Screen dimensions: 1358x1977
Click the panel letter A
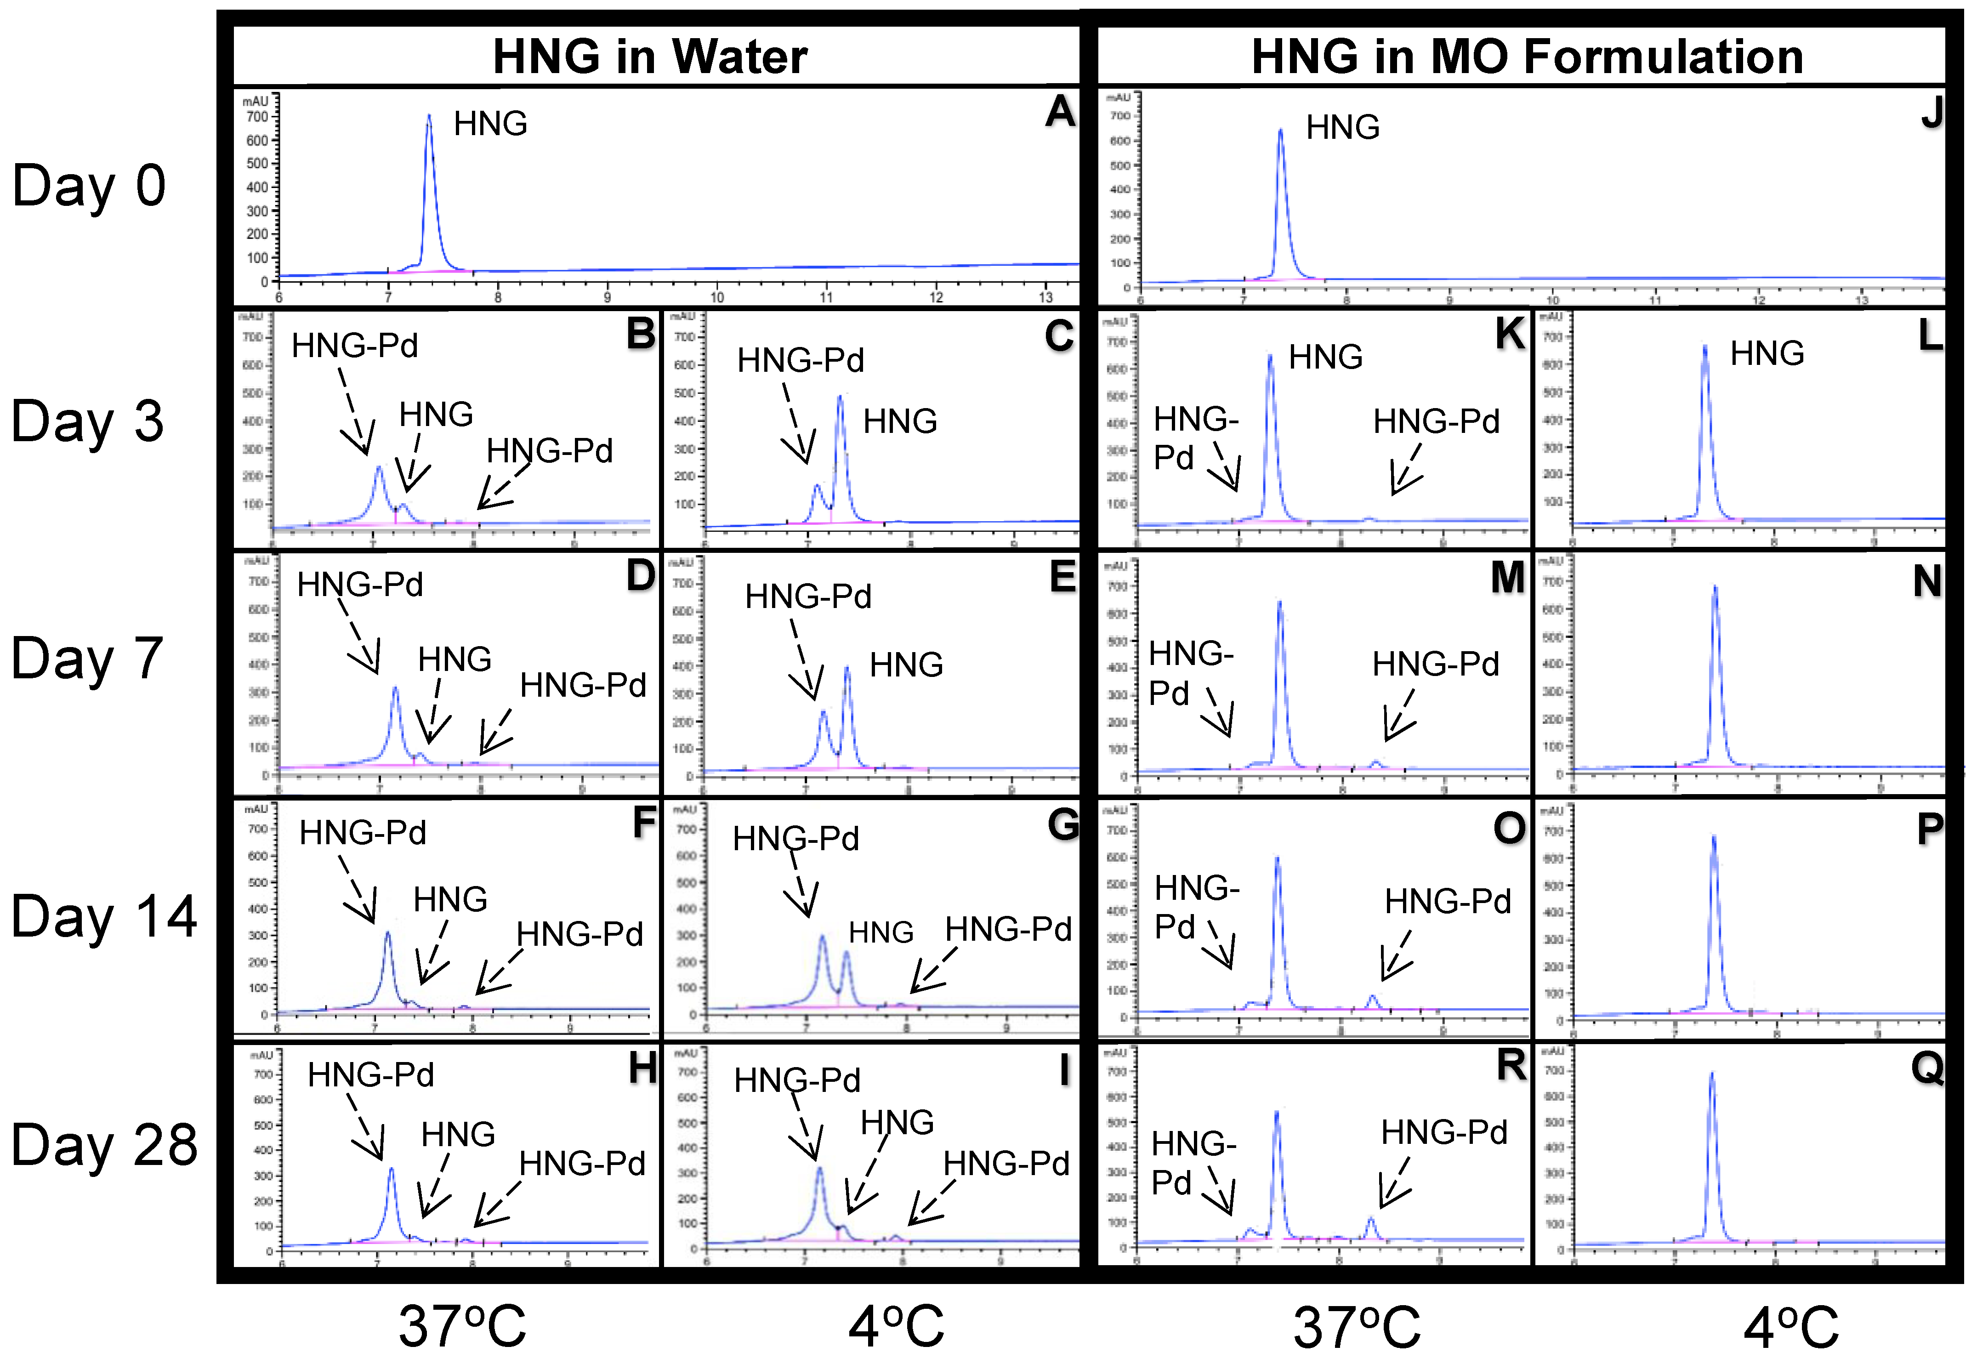(x=1060, y=112)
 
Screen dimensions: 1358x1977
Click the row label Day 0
(x=89, y=186)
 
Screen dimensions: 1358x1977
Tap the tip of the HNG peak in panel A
(x=429, y=116)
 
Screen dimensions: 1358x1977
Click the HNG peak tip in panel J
(x=1280, y=130)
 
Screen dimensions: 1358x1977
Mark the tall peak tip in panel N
(x=1715, y=586)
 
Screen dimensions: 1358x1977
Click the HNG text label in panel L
(x=1767, y=353)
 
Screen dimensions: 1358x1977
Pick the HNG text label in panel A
(x=490, y=124)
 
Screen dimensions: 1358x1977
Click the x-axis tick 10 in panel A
(x=717, y=297)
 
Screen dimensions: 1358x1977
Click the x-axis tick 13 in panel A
(x=1045, y=297)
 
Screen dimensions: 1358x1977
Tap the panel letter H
(x=642, y=1068)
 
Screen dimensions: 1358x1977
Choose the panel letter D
(x=641, y=576)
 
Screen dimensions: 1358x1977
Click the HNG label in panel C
(x=900, y=421)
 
